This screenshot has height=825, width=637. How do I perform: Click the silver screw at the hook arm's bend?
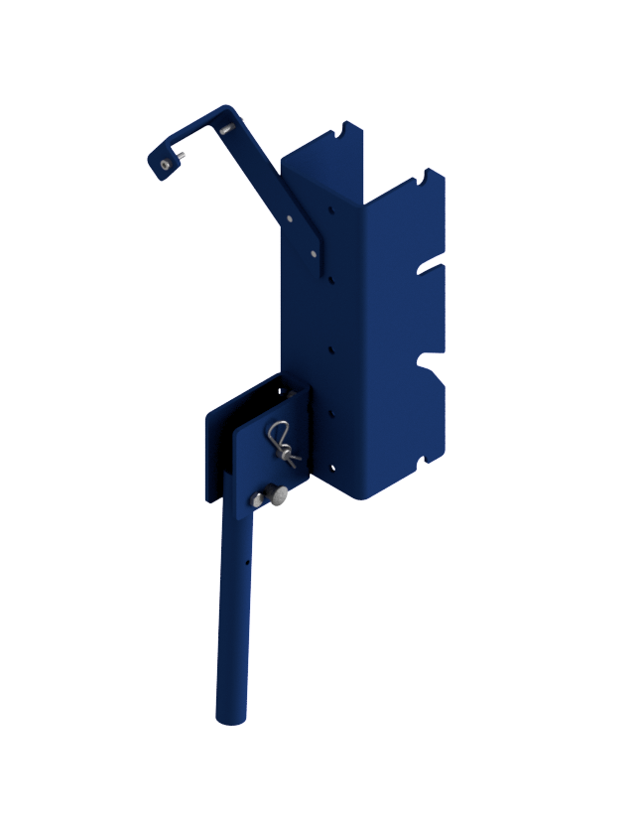pos(229,127)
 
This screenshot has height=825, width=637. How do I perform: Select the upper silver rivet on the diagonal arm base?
pos(290,218)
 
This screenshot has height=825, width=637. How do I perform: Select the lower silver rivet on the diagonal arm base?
pos(314,253)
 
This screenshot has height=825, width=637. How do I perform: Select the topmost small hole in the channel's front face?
pos(330,208)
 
